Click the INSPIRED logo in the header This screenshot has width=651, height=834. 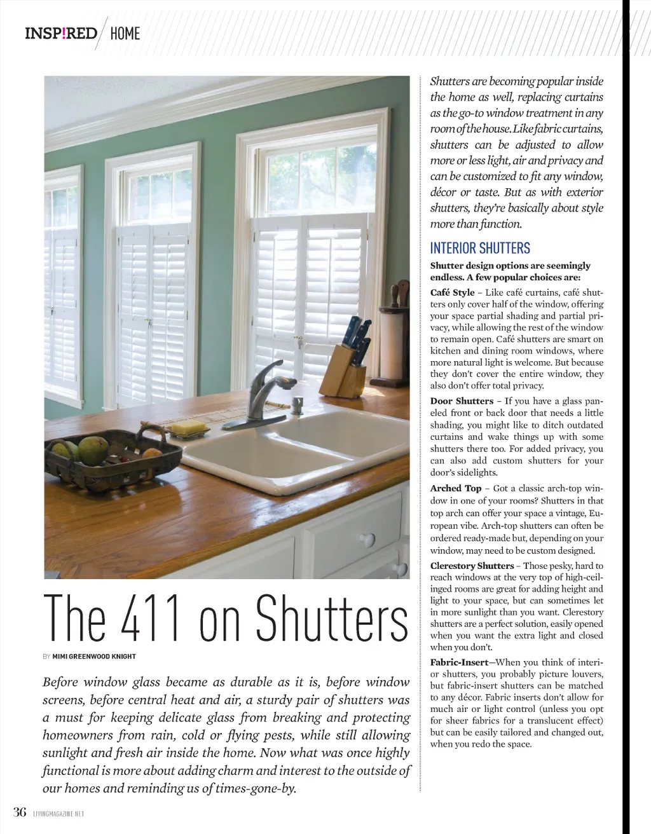tap(61, 33)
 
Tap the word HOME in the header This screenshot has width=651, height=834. tap(125, 34)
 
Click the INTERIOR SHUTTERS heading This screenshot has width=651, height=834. tap(480, 248)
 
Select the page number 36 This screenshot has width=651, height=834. tap(20, 812)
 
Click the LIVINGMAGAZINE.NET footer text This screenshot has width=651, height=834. tap(58, 814)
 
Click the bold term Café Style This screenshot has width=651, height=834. tap(452, 292)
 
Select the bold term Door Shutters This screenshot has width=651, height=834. tap(462, 401)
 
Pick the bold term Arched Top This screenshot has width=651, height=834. tap(456, 488)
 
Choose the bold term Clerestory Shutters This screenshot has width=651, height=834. tap(472, 566)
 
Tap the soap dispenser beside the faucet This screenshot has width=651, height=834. tap(297, 406)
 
